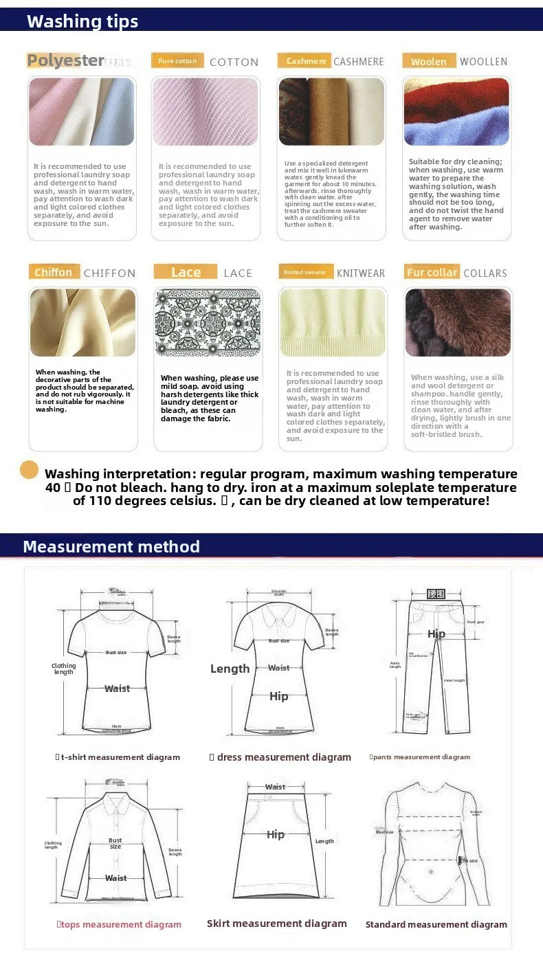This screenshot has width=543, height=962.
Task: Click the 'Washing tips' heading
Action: coord(82,21)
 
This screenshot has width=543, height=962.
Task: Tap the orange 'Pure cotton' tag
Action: coord(177,61)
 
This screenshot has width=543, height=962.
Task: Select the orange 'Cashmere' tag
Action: coord(304,61)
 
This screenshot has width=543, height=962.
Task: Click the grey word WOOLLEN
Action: coord(483,62)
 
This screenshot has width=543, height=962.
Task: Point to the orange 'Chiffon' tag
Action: coord(54,272)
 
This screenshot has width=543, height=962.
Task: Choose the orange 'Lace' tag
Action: coord(186,272)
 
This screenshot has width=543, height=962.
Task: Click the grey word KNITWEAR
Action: coord(361,273)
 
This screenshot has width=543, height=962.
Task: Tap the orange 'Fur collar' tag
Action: coord(432,272)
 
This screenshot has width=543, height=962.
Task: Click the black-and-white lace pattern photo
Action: coord(208,322)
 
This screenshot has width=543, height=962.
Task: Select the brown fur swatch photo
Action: coord(457,322)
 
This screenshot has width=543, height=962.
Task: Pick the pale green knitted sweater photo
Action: coord(333,322)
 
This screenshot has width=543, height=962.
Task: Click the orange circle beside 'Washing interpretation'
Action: coord(29,470)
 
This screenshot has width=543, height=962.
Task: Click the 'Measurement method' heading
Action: coord(111,547)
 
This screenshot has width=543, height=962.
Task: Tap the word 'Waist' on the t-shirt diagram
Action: coord(117,689)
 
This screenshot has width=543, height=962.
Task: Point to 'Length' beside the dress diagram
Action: coord(230,669)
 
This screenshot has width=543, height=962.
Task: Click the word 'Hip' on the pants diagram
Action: coord(436,634)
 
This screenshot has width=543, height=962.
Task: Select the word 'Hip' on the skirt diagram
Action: coord(276,834)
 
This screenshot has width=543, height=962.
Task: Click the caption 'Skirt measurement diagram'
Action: coord(277,924)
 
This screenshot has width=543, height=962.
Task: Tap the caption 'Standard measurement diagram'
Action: coord(436,924)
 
